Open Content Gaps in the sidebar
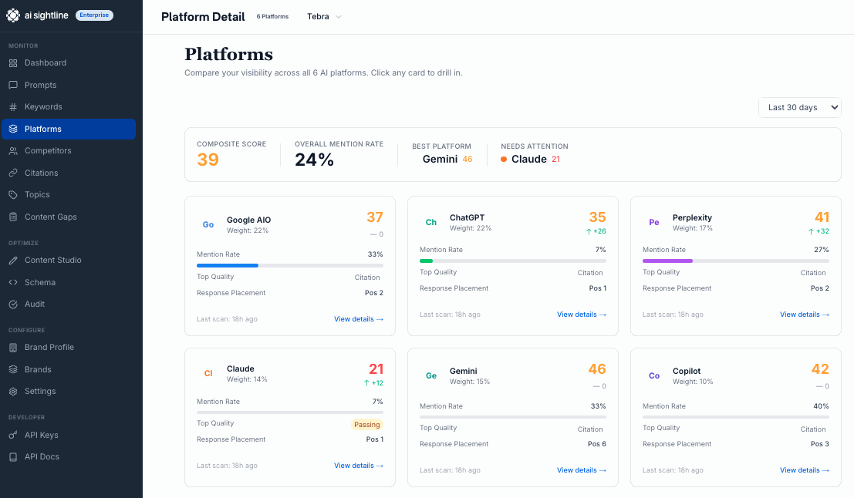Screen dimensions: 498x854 point(50,217)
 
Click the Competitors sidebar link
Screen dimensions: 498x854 point(48,151)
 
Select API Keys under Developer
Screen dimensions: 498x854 point(41,435)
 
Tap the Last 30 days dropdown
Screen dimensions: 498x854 point(799,107)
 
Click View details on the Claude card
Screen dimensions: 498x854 point(358,466)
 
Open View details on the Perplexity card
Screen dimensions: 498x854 point(804,315)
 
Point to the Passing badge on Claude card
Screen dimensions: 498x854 point(367,425)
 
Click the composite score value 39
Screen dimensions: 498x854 point(208,160)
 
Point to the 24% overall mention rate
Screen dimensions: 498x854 point(315,160)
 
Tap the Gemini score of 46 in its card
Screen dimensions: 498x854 point(596,369)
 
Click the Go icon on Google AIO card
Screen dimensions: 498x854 point(208,224)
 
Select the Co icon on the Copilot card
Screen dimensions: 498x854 point(654,375)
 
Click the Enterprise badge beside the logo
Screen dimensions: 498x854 point(94,15)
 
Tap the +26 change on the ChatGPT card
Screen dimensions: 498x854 point(596,231)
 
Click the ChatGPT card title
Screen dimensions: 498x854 point(467,218)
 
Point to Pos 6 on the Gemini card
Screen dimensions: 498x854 point(596,444)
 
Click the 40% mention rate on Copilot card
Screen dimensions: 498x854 point(821,406)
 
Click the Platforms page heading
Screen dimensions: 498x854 point(228,54)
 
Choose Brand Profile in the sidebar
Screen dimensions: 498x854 point(49,347)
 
